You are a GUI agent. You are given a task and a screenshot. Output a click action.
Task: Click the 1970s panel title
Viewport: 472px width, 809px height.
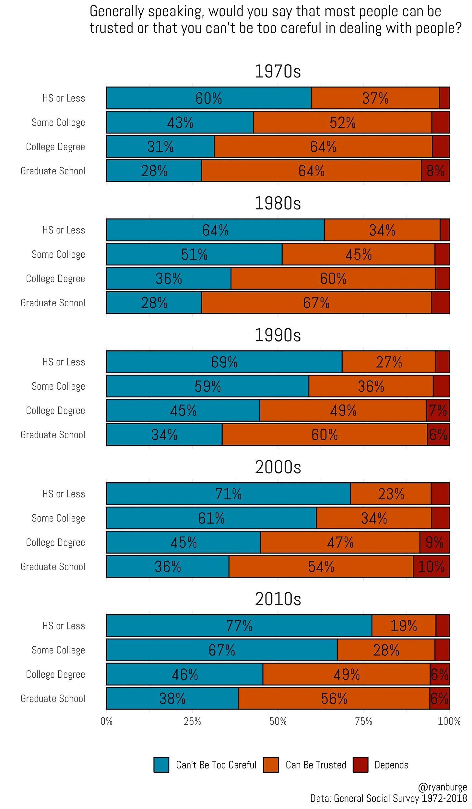point(277,71)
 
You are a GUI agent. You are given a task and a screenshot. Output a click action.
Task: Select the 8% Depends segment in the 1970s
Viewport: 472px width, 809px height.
point(435,170)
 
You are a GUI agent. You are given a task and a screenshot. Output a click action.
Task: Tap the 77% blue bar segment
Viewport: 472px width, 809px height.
point(239,626)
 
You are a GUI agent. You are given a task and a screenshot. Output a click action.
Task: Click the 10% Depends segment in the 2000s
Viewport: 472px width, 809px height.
point(431,567)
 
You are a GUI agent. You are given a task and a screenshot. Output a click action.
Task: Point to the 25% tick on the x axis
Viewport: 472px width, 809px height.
point(192,721)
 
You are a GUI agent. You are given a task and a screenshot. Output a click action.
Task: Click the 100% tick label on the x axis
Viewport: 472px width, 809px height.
point(449,721)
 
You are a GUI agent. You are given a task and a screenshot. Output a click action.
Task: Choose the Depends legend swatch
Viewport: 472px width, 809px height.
point(360,765)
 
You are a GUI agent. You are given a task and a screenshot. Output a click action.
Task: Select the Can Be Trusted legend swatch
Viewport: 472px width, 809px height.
point(271,765)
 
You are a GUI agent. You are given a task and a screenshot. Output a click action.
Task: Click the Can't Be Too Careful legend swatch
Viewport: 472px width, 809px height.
point(161,765)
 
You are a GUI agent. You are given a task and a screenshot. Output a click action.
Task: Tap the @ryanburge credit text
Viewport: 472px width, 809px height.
point(442,787)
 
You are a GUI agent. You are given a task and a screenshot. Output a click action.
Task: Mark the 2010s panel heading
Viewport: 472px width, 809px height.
point(278,599)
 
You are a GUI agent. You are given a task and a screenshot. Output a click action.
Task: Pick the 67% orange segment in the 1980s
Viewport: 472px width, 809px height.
point(316,303)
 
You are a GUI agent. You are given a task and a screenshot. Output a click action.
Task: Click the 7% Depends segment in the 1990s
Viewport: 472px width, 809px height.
point(438,410)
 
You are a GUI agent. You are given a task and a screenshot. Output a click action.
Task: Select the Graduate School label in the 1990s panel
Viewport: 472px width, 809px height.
point(53,435)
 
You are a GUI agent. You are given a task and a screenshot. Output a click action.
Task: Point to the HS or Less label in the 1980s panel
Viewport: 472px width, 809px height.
point(64,230)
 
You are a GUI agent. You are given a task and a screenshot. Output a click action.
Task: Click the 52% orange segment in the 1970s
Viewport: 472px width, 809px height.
point(342,123)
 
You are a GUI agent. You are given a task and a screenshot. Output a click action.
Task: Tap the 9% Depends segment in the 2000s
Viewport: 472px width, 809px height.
point(434,542)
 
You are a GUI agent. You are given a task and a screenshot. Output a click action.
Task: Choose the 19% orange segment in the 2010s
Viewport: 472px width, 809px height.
point(403,626)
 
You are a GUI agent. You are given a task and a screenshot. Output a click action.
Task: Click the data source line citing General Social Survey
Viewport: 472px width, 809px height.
point(388,798)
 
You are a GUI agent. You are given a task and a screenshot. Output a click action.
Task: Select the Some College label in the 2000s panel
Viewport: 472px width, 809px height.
point(58,518)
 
